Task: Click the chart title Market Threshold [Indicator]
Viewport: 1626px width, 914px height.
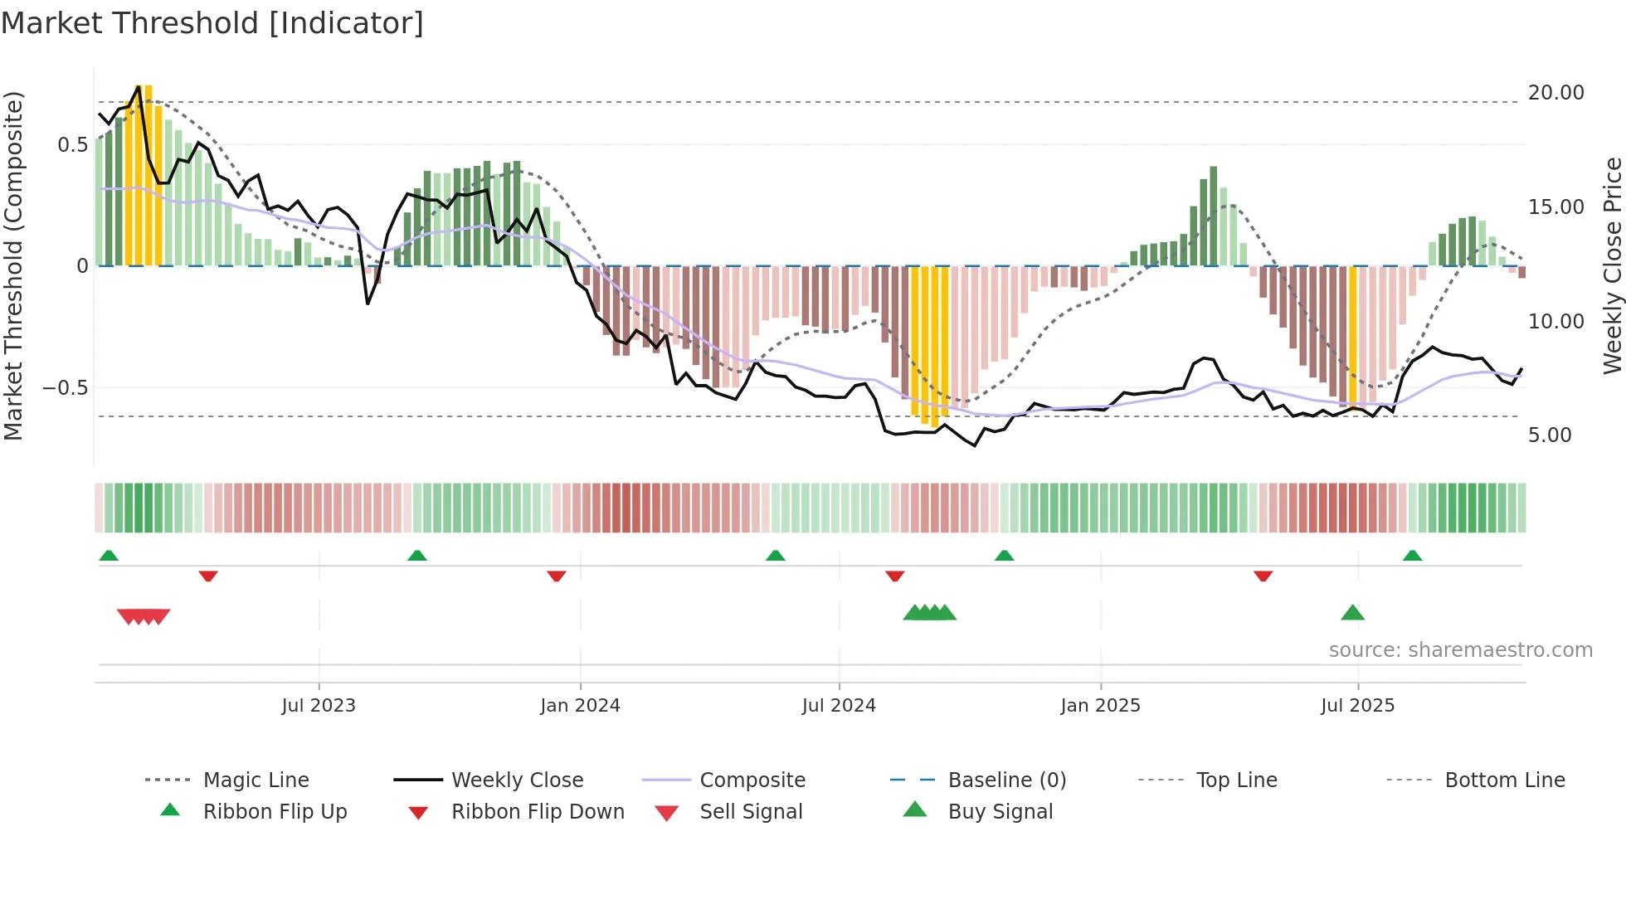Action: [212, 23]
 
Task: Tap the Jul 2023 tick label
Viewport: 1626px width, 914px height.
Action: [319, 706]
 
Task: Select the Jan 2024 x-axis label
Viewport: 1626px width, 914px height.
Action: [580, 706]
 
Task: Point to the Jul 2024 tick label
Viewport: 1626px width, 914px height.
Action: [839, 706]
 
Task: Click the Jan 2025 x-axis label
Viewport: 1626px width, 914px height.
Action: [1100, 706]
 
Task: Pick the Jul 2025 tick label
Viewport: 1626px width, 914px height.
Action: [1357, 706]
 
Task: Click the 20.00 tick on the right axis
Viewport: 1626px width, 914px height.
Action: [1555, 93]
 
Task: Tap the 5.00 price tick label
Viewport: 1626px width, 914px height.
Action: [1550, 435]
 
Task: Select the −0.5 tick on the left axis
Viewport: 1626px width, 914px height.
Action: [65, 388]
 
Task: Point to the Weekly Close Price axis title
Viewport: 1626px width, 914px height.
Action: [1612, 265]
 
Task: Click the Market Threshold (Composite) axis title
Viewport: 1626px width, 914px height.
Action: [13, 265]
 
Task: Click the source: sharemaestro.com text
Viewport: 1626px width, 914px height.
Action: [1460, 650]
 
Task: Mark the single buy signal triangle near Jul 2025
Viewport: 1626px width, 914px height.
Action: [1352, 613]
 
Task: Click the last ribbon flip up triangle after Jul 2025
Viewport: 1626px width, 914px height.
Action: [1412, 556]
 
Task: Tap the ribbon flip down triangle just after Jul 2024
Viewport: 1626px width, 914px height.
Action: [894, 576]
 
